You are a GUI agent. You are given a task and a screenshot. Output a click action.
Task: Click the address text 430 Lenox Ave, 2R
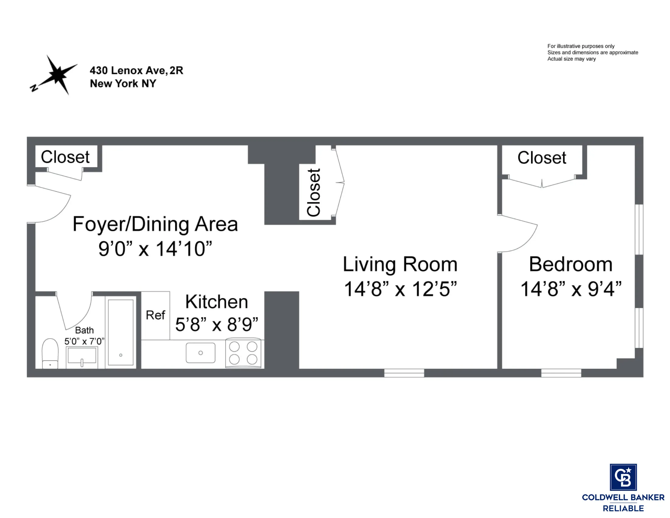(136, 71)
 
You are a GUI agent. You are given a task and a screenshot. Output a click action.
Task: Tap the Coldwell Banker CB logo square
(623, 477)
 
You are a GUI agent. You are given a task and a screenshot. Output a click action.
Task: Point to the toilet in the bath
(50, 353)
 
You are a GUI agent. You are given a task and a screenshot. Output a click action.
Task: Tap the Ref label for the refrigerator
(155, 315)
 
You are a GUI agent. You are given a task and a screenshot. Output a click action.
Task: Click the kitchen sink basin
(200, 353)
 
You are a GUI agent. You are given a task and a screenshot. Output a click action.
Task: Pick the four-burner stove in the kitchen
(243, 353)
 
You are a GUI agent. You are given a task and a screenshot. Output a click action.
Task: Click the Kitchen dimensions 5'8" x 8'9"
(217, 325)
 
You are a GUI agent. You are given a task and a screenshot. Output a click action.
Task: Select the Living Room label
(400, 264)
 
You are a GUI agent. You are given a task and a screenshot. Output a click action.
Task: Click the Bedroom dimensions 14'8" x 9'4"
(571, 289)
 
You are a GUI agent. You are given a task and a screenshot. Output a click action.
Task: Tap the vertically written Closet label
(314, 192)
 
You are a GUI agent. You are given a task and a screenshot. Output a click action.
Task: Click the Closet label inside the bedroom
(542, 158)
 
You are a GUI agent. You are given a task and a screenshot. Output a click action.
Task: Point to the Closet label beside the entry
(65, 157)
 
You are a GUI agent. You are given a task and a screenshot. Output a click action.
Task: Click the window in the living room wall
(404, 373)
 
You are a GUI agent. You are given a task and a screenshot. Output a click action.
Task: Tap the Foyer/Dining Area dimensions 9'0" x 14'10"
(155, 249)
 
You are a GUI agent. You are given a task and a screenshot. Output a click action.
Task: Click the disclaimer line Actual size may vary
(571, 59)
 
